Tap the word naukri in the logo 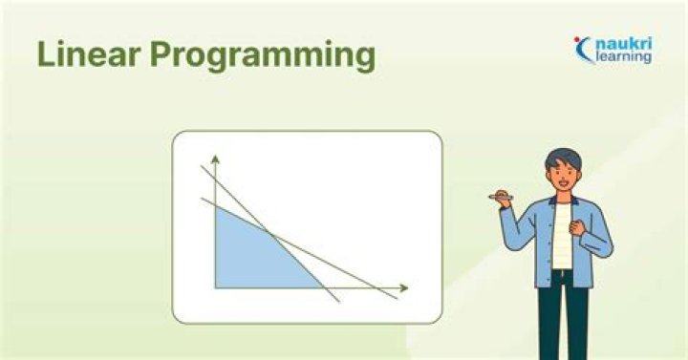point(626,43)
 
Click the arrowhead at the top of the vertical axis point(215,156)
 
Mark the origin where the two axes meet point(215,286)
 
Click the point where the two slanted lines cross point(271,234)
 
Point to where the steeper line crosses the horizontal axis point(323,286)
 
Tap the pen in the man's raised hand point(500,197)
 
